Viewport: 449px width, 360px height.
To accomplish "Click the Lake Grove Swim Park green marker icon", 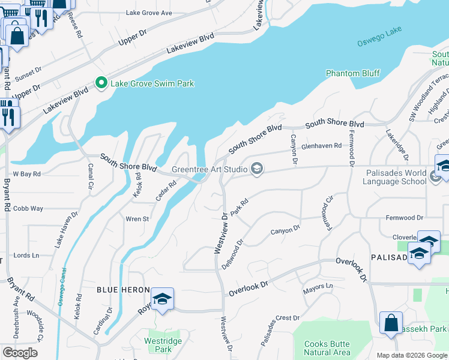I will coord(101,83).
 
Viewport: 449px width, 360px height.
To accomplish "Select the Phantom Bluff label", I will coord(352,73).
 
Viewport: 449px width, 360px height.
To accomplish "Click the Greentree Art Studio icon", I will coord(257,169).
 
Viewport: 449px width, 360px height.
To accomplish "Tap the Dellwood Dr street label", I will coord(231,254).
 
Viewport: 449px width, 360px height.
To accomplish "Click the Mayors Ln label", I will coord(318,287).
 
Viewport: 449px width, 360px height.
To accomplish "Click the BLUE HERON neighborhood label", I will coord(123,290).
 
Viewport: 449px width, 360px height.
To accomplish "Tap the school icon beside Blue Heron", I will coord(162,299).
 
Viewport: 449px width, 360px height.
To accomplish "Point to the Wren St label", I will coord(137,219).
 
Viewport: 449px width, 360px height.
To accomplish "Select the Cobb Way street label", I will coord(28,208).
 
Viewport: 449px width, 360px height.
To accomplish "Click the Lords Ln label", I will coord(26,255).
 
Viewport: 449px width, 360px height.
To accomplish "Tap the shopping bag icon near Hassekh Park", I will coord(391,322).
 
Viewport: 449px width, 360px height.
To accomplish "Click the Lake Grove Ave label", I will coord(149,13).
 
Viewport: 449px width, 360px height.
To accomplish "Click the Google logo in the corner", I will coord(20,352).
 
